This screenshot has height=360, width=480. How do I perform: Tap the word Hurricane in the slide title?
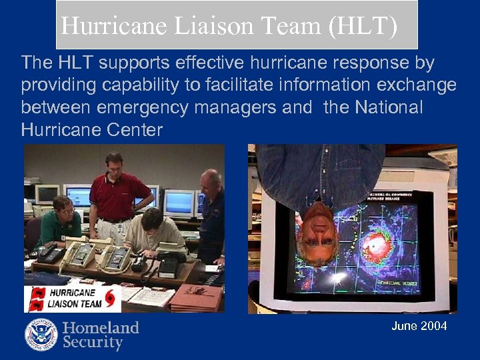114,26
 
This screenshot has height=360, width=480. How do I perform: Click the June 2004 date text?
419,326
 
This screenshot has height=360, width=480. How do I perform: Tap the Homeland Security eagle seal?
41,335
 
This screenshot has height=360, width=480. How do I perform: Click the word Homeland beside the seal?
101,327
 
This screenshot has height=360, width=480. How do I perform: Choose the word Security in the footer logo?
93,343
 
